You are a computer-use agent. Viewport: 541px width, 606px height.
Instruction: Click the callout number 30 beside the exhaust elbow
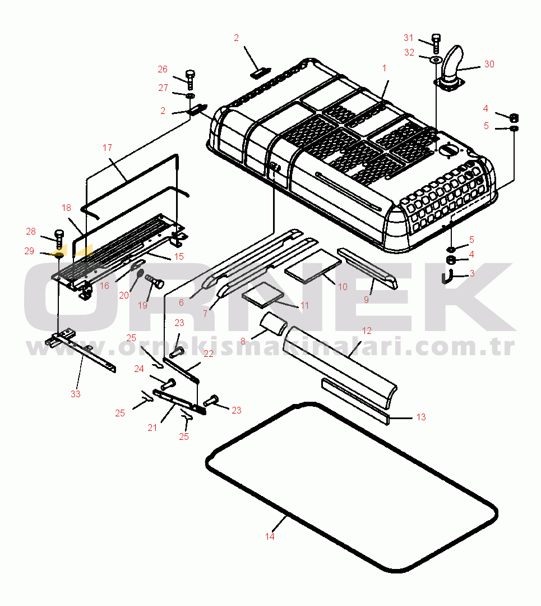point(489,64)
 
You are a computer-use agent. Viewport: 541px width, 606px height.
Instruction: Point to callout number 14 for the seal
point(270,536)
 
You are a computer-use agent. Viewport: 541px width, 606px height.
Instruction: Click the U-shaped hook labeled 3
point(447,277)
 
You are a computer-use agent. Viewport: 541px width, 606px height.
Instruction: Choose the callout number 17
point(107,148)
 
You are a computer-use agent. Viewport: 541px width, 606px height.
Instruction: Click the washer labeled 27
point(190,96)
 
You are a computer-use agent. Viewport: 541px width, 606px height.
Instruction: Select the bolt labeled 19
point(154,280)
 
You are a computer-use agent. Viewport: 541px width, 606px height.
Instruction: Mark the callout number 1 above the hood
point(385,68)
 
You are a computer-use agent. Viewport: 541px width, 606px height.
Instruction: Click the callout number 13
point(421,417)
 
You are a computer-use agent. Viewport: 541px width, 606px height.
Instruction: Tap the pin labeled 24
point(168,384)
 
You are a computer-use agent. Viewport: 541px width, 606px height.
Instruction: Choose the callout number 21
point(152,428)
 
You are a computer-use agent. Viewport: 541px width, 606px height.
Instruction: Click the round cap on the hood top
point(447,150)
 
